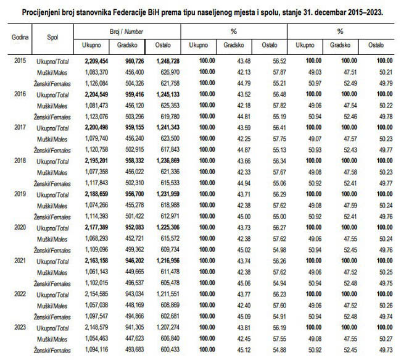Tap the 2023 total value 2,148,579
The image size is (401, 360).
[91, 327]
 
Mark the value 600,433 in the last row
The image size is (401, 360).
[163, 350]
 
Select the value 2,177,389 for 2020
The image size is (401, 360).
[91, 227]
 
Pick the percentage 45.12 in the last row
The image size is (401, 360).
[238, 350]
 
